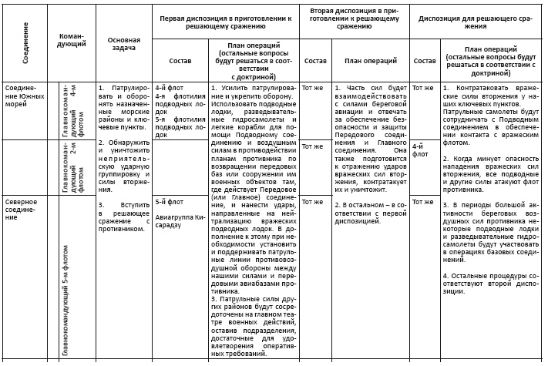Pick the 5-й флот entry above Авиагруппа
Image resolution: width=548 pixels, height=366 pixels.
tap(167, 203)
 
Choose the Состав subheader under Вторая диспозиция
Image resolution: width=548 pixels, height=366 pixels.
tap(315, 61)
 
